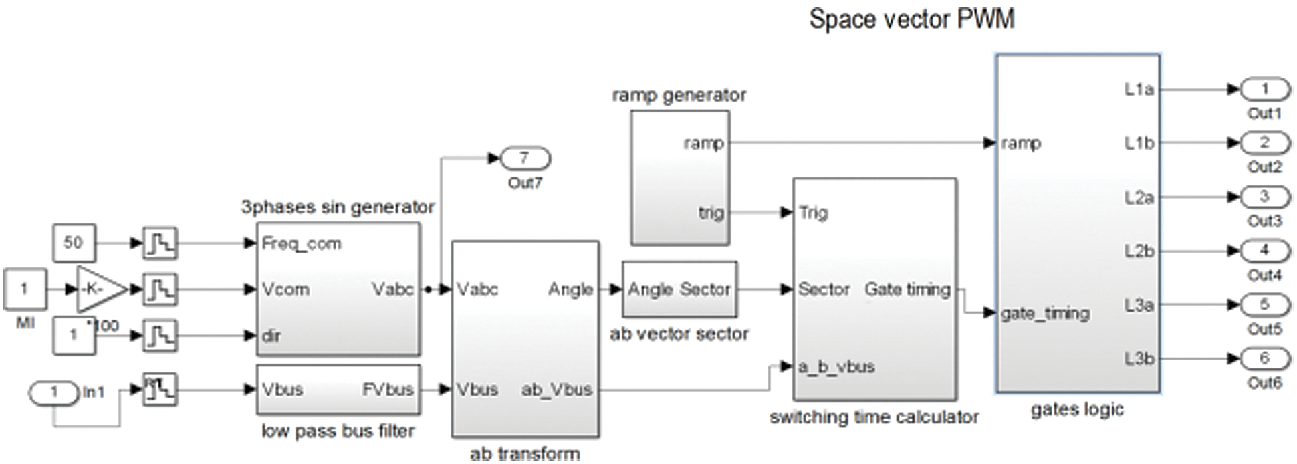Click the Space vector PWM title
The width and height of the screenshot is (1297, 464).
(911, 19)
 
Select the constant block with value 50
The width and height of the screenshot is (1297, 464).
(74, 243)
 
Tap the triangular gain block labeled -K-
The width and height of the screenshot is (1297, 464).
(100, 289)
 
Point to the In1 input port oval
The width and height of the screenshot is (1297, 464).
(54, 392)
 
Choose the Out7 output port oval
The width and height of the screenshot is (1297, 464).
(525, 158)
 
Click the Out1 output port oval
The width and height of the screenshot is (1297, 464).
(1264, 89)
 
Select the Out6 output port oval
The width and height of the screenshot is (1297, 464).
(1264, 358)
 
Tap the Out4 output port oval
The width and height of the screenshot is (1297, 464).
(1264, 251)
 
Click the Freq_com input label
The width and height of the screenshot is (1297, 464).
(302, 243)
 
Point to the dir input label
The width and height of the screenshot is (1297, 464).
(271, 335)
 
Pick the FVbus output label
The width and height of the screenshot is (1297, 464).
(388, 389)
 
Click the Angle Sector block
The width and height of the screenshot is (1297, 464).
(679, 289)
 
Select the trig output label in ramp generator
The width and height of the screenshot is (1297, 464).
(711, 213)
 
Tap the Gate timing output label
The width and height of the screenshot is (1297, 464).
(907, 289)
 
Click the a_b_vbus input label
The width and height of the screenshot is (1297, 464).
(836, 366)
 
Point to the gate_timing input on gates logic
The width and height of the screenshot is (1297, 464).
(1045, 313)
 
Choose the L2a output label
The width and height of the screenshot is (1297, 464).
(1139, 197)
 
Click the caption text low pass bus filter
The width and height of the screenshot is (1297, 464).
(338, 431)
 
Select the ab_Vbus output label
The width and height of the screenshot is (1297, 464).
(556, 389)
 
